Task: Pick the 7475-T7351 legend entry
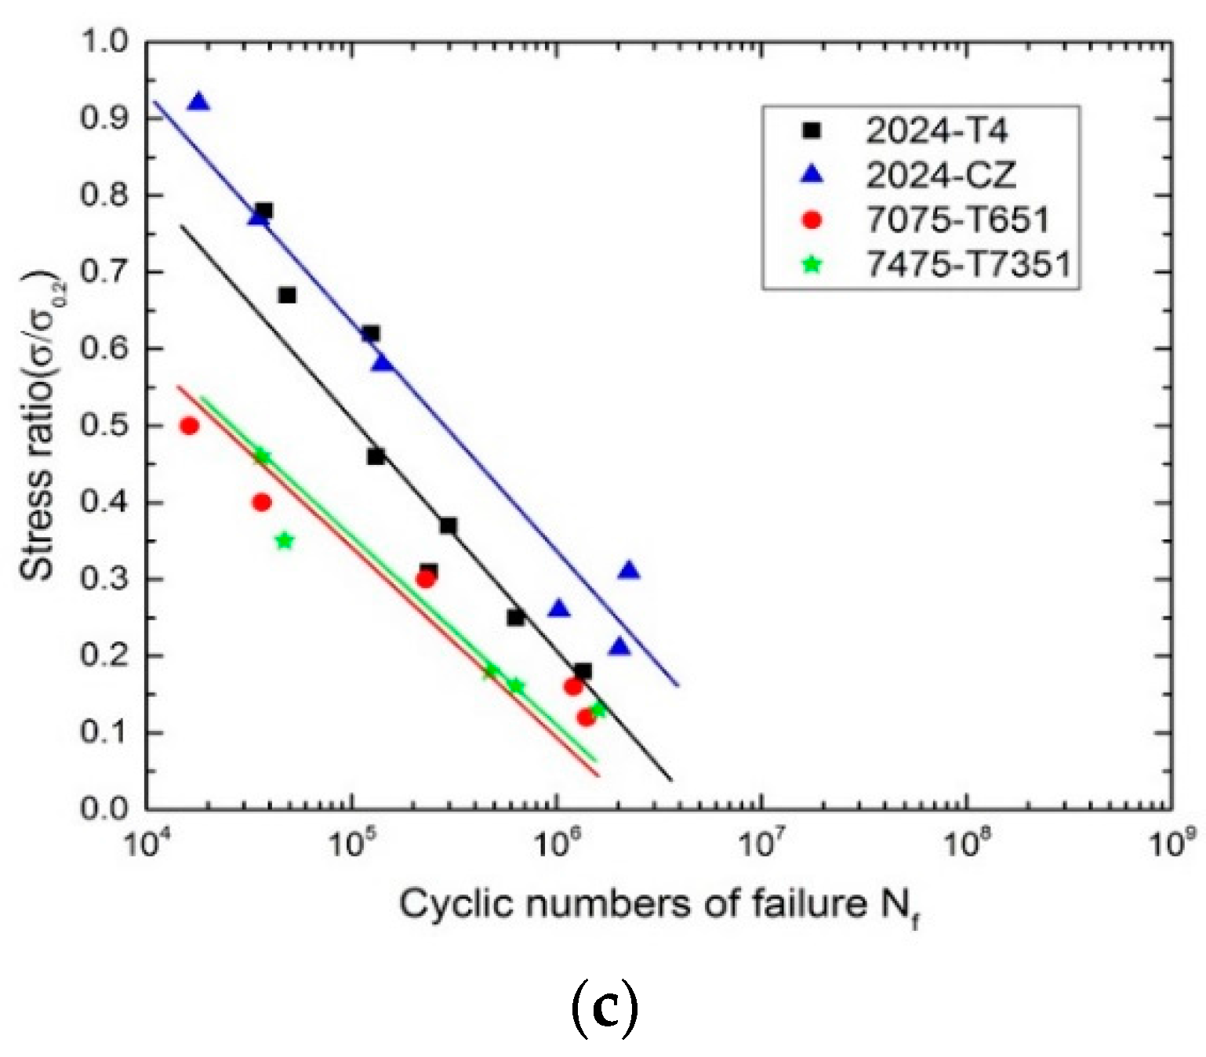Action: click(x=968, y=265)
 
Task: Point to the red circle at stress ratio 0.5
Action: click(x=189, y=426)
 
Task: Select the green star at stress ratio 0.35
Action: click(x=285, y=540)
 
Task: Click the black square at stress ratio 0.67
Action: click(x=287, y=295)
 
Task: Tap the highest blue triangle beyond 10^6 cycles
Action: click(x=629, y=571)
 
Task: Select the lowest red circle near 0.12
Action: click(x=586, y=717)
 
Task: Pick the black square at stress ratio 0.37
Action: click(x=448, y=525)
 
